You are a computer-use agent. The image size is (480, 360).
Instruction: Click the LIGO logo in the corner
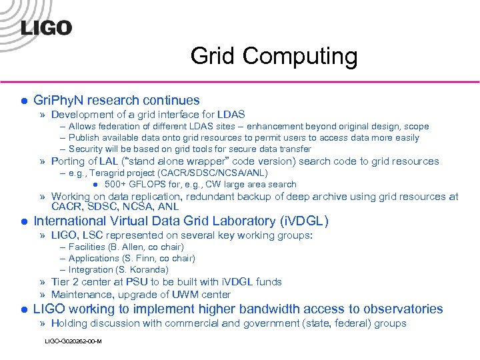[46, 28]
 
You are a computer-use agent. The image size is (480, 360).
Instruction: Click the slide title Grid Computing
[273, 56]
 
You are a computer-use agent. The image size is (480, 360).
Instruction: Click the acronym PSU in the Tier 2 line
[142, 282]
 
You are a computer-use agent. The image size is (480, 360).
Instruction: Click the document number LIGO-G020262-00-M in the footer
[73, 341]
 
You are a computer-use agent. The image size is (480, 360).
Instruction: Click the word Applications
[94, 259]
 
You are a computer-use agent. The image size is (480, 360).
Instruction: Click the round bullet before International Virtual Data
[23, 221]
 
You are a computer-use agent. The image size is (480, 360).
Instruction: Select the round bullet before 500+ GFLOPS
[96, 185]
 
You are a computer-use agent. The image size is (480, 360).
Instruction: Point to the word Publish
[85, 137]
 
